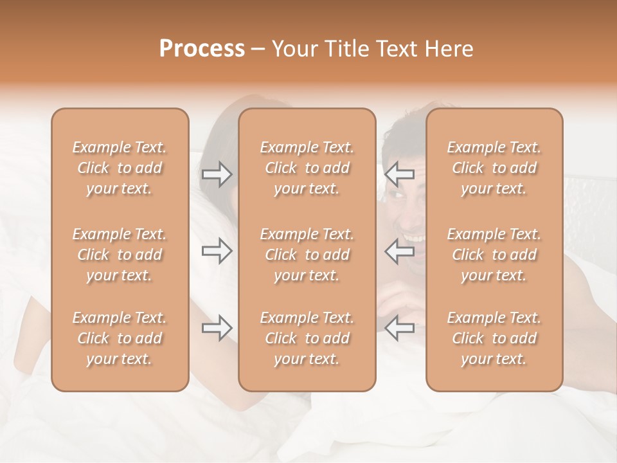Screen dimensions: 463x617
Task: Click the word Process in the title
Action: coord(202,49)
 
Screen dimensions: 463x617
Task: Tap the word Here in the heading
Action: coord(449,49)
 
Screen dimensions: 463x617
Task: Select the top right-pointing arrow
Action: coord(217,174)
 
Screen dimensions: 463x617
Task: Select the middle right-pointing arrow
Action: coord(217,251)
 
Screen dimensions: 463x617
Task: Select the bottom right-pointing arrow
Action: coord(217,328)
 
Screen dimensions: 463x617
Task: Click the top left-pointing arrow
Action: coord(400,174)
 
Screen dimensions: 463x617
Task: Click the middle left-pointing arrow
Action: coord(400,251)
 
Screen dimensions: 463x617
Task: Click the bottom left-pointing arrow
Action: coord(400,328)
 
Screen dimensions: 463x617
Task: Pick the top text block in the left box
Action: coord(120,168)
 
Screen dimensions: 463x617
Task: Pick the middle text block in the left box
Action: coord(120,255)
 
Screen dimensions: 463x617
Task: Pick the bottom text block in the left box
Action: coord(120,338)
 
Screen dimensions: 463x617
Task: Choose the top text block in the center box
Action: coord(307,168)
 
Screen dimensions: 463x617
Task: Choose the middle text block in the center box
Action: coord(307,255)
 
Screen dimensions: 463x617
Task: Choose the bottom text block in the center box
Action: coord(307,338)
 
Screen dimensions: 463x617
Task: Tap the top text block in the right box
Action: coord(494,168)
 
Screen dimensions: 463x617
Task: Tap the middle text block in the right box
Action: coord(494,255)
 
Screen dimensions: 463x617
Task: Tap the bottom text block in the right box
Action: coord(494,338)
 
